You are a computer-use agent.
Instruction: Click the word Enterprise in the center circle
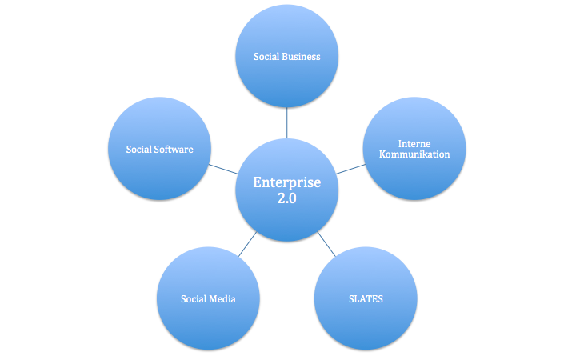click(286, 183)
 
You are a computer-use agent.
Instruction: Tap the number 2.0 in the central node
click(286, 198)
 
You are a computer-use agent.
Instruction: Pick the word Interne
click(414, 144)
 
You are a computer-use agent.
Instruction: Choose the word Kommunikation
click(414, 154)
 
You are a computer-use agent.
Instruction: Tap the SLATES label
click(366, 299)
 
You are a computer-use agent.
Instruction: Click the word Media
click(222, 299)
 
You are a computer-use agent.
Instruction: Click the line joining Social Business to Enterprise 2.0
click(286, 123)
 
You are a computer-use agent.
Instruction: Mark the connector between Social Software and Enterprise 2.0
click(223, 169)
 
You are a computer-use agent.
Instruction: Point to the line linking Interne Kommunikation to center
click(350, 169)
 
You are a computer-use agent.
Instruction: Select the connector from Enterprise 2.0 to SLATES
click(326, 244)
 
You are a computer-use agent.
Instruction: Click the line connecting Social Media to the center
click(247, 244)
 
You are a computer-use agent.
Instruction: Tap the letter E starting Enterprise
click(258, 182)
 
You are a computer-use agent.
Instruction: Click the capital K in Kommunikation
click(382, 154)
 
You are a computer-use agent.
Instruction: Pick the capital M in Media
click(214, 299)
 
